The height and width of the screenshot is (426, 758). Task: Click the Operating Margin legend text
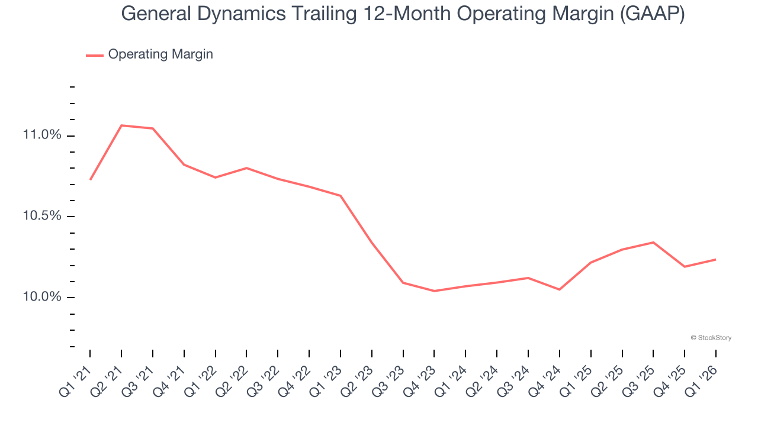[x=160, y=54]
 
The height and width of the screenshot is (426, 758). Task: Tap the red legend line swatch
[x=95, y=55]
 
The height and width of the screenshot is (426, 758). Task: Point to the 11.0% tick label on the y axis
[x=42, y=135]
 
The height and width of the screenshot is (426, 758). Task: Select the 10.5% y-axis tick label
[x=42, y=216]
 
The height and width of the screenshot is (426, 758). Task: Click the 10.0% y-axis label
[x=42, y=297]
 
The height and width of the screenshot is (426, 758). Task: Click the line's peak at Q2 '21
[x=121, y=125]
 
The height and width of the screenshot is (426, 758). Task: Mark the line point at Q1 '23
[x=341, y=195]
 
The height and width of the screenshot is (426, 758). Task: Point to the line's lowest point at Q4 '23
[x=434, y=291]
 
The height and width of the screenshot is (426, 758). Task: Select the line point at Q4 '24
[x=560, y=289]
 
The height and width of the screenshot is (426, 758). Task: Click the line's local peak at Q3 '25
[x=653, y=242]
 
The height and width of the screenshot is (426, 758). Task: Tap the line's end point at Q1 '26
[x=715, y=259]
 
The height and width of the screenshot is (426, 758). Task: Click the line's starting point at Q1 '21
[x=90, y=179]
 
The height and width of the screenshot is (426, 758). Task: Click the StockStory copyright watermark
[x=711, y=338]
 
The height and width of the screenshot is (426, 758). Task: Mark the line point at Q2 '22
[x=246, y=168]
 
